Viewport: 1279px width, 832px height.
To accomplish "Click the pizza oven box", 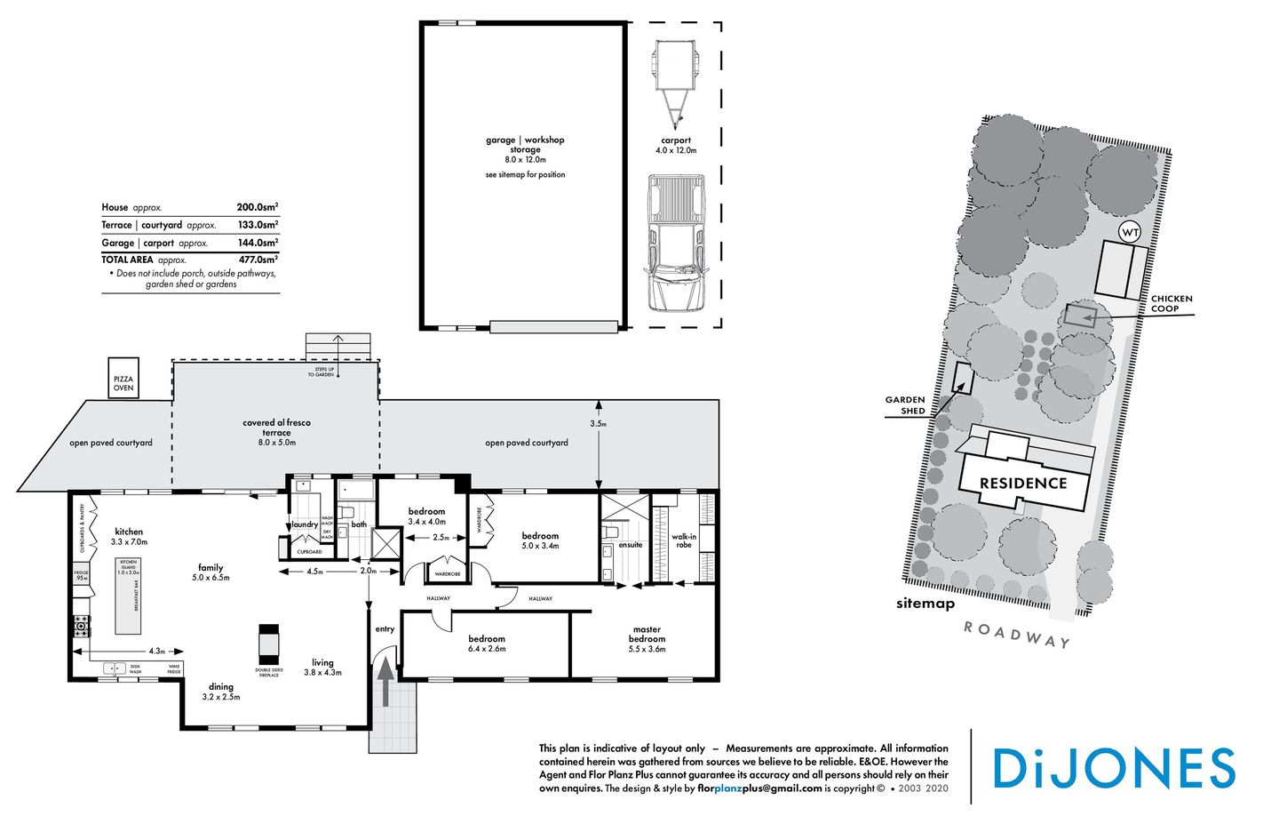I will (123, 378).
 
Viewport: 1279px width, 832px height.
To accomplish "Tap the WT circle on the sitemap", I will (1130, 233).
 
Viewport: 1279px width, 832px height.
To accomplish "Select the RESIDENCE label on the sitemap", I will (1023, 484).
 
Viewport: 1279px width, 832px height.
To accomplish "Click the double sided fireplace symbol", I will (268, 641).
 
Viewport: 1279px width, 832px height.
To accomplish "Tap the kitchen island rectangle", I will (129, 596).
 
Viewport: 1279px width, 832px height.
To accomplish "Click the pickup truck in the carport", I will (675, 243).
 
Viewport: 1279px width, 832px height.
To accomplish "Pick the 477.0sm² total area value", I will (258, 260).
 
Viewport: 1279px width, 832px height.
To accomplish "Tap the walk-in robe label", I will (684, 540).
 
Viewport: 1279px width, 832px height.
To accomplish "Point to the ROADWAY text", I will (1017, 635).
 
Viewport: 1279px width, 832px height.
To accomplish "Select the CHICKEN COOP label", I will (1172, 304).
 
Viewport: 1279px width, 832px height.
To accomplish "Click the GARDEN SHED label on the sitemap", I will (905, 405).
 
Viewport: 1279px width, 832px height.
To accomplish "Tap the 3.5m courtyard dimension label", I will (599, 424).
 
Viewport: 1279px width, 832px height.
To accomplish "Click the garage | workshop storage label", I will (525, 145).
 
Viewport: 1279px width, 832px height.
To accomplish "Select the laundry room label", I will (305, 524).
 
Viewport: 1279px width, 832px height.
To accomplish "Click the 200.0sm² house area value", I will (257, 207).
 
